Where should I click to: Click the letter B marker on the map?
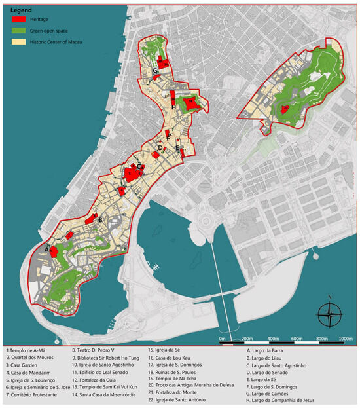coord(99,221)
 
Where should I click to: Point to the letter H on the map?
coord(172,107)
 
